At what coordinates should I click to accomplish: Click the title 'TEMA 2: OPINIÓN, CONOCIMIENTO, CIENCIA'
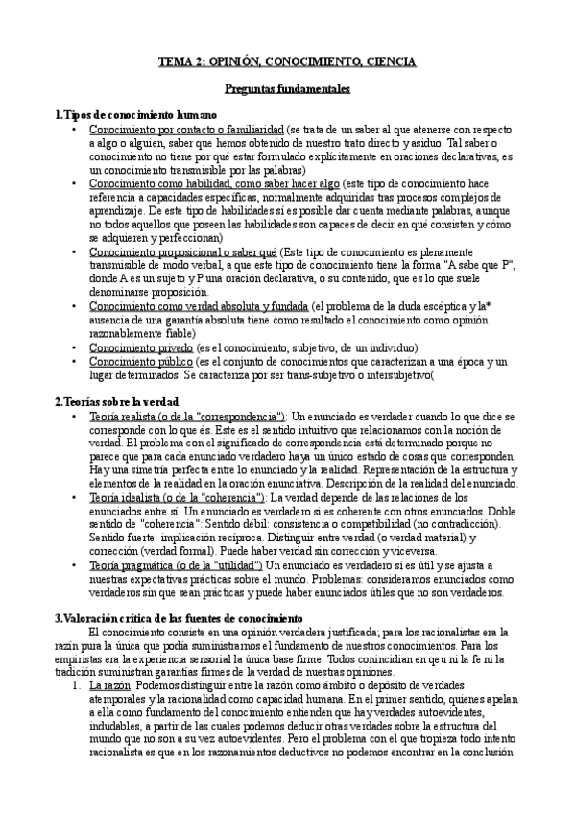pyautogui.click(x=287, y=62)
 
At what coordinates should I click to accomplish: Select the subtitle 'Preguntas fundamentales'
pyautogui.click(x=287, y=89)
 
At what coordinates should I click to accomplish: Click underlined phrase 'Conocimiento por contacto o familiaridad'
pyautogui.click(x=173, y=129)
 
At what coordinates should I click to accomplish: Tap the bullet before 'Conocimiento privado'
pyautogui.click(x=74, y=347)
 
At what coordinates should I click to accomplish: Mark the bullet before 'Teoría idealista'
pyautogui.click(x=74, y=497)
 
